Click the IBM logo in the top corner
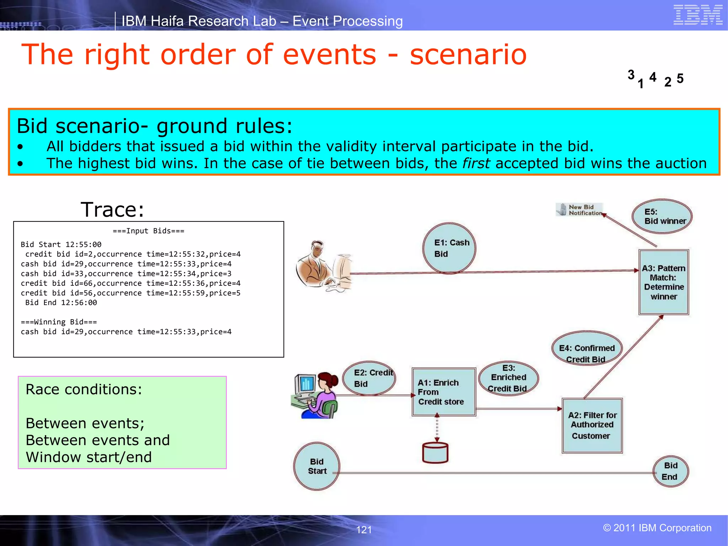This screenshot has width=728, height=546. point(697,15)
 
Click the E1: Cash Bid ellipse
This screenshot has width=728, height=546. point(449,248)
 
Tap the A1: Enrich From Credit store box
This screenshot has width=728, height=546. point(444,392)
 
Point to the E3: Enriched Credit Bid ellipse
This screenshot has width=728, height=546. point(508,378)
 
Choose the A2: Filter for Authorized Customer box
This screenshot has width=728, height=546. point(592,425)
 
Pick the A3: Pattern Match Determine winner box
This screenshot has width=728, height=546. point(664,282)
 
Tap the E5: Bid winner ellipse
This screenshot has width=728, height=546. point(662,216)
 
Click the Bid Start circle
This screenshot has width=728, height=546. point(317,466)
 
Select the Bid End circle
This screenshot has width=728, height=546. point(670,471)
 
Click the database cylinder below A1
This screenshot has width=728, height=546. point(435,453)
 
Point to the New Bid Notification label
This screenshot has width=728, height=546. point(580,210)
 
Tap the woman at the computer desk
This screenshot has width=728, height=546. point(316,395)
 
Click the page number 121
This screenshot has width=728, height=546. point(364,530)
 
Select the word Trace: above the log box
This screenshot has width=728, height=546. point(112,209)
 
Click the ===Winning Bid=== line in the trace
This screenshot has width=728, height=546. point(59,322)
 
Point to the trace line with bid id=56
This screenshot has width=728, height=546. point(130,293)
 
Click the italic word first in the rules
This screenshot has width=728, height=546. point(476,164)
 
